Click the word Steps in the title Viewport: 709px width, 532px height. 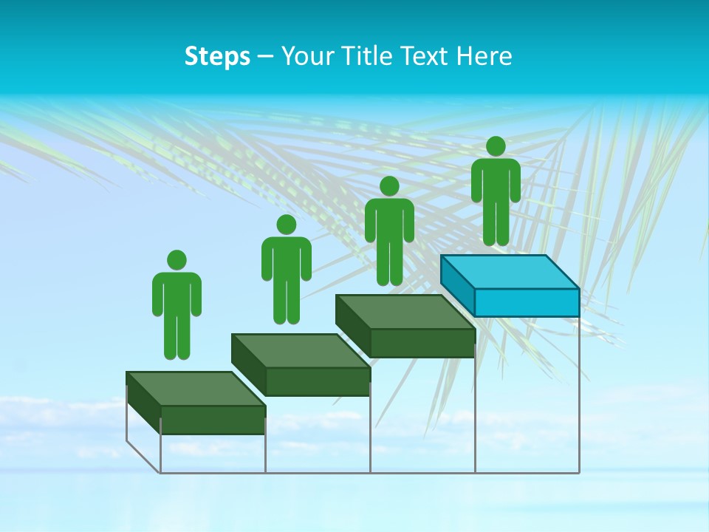[217, 56]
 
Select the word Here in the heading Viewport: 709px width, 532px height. [484, 56]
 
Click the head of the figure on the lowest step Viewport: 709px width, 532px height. [177, 260]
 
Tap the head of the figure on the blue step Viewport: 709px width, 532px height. [496, 146]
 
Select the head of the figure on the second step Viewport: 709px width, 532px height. [286, 225]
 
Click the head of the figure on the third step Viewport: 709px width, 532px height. [389, 186]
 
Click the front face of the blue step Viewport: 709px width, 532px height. [527, 302]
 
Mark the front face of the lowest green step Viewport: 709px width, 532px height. [213, 420]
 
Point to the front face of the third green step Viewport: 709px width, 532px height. [422, 343]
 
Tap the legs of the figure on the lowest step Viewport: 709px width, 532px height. [177, 332]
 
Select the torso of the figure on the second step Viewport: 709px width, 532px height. [286, 259]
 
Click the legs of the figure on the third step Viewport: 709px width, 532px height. [389, 259]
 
